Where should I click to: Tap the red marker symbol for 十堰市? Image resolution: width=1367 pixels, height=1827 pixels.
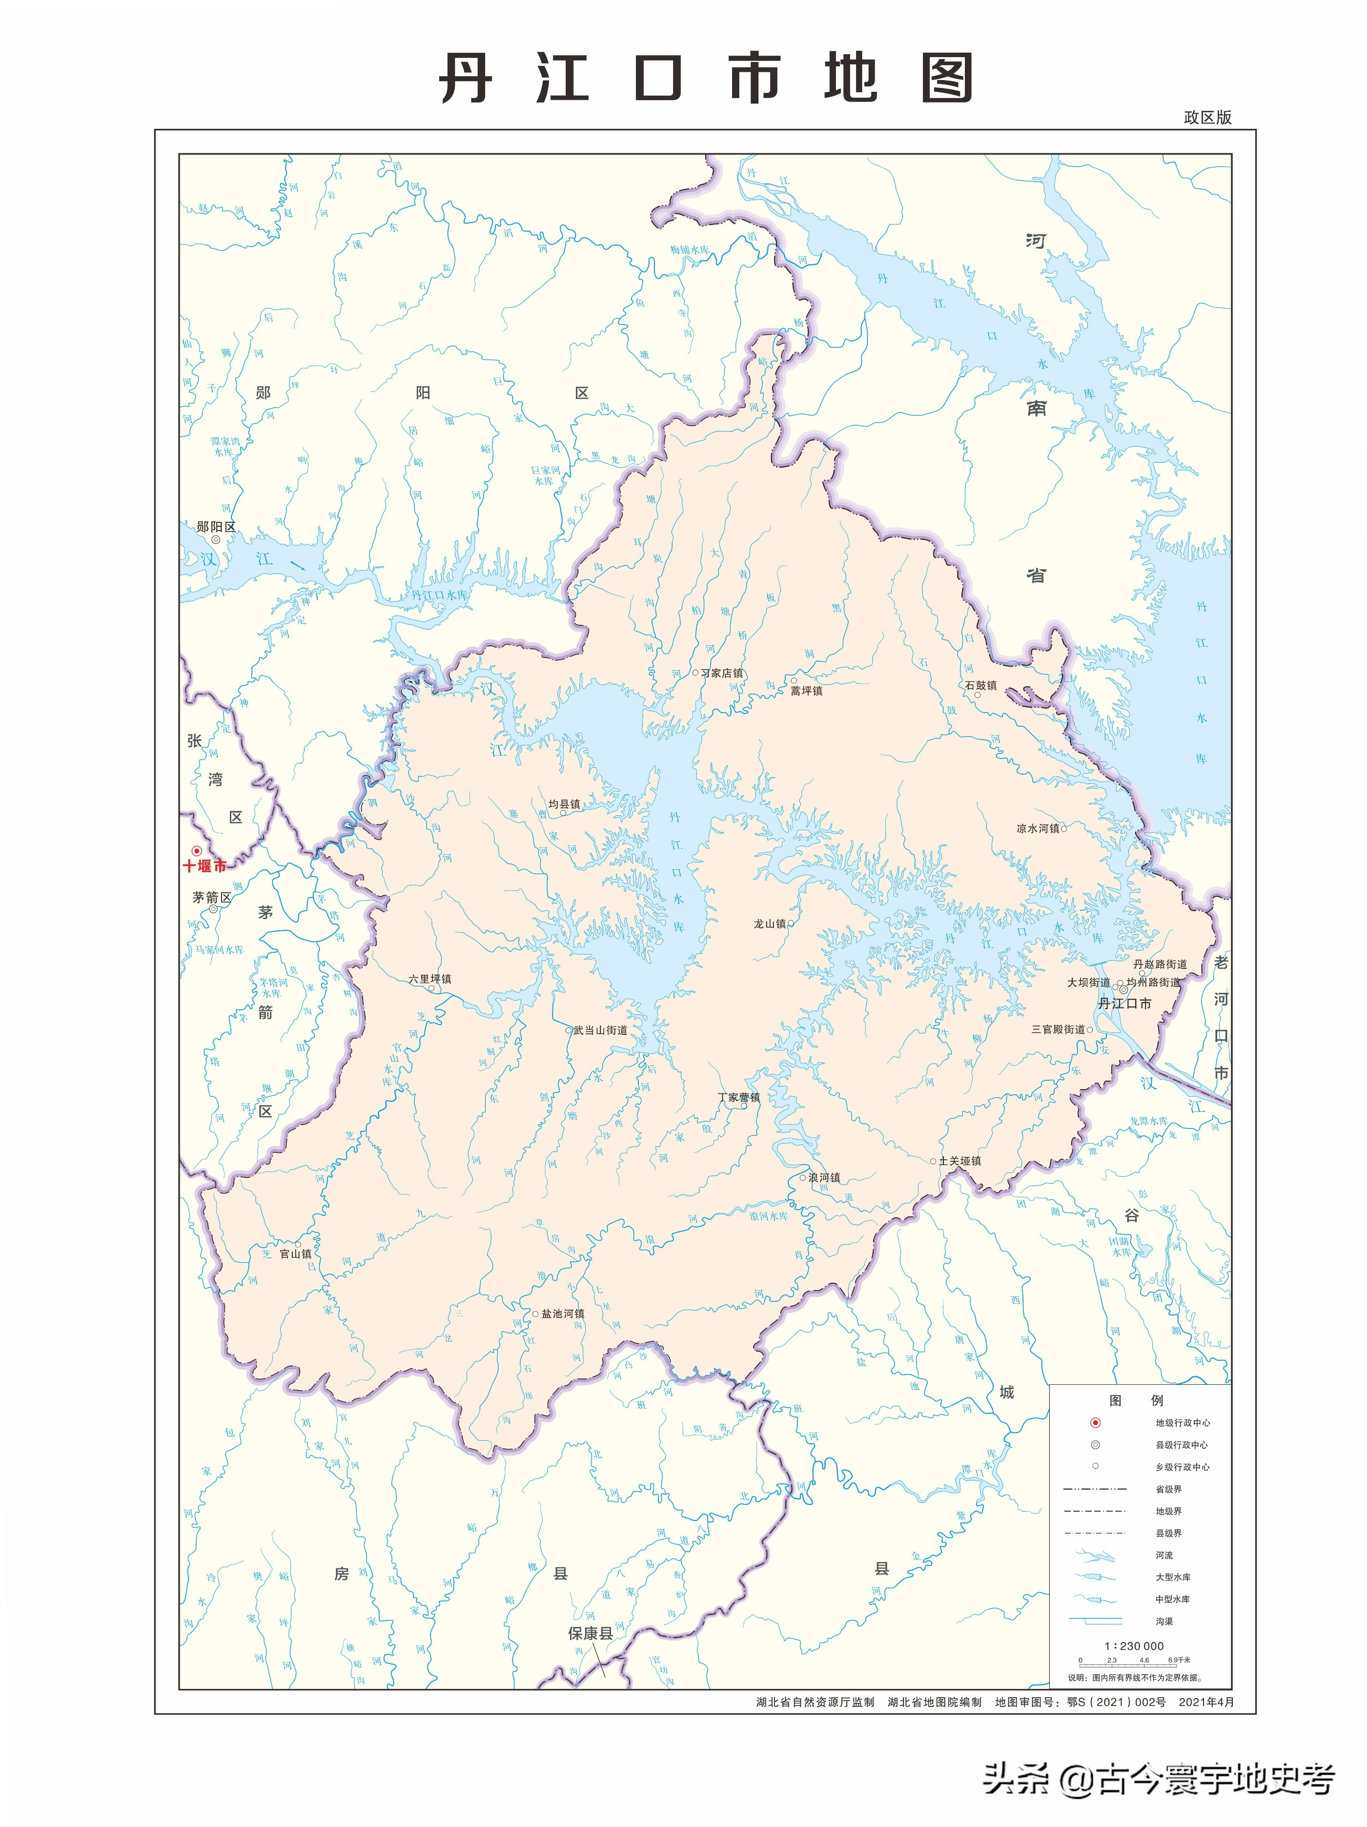(x=197, y=851)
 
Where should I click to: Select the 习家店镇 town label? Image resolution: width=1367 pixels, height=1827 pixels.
(x=721, y=673)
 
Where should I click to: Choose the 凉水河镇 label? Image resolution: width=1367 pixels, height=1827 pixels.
(x=1038, y=828)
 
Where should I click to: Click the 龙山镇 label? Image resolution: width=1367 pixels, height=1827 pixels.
(x=769, y=924)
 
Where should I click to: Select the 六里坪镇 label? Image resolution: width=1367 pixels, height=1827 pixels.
(x=429, y=979)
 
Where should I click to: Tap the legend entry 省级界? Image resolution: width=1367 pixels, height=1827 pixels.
(x=1168, y=1489)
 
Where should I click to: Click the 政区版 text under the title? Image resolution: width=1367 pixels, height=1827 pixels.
(x=1207, y=117)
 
